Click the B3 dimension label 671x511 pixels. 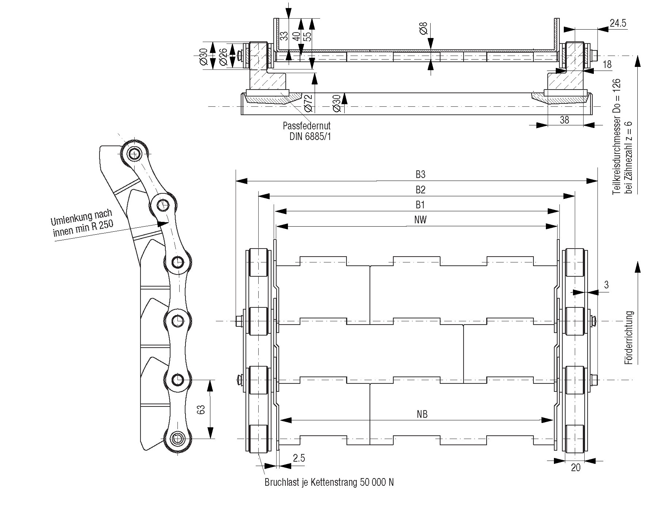[x=420, y=175]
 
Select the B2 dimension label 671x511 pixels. [x=420, y=190]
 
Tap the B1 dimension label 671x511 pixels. [x=420, y=205]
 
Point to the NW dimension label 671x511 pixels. [x=420, y=220]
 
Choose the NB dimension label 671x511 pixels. [x=422, y=414]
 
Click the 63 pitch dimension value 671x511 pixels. [x=200, y=409]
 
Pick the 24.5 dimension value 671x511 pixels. [x=618, y=23]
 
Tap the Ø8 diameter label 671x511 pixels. [x=423, y=29]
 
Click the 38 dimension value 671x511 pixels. [x=565, y=120]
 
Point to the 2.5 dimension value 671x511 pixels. [x=299, y=458]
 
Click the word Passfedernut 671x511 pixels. [x=307, y=126]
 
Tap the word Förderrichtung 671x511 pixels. [x=630, y=337]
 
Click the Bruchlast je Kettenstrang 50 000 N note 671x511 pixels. [x=329, y=482]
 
